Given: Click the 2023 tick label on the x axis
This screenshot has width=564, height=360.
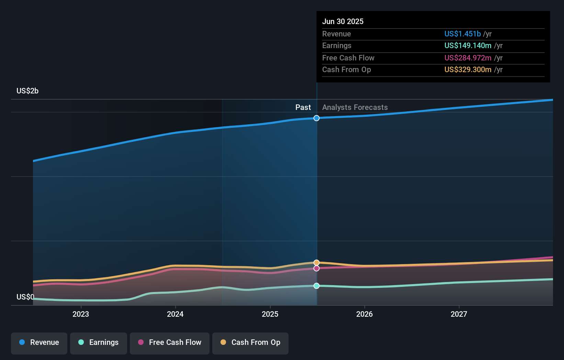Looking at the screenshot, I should click(81, 314).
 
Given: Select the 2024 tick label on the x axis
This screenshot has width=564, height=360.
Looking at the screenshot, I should click(175, 314).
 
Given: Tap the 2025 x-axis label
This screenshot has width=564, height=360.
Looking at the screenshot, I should click(270, 314).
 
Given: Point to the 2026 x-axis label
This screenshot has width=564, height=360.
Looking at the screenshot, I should click(364, 314).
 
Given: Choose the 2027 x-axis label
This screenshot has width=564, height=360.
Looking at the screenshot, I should click(459, 314).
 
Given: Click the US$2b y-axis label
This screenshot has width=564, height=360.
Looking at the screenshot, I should click(27, 91).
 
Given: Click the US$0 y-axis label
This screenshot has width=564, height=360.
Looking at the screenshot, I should click(25, 297).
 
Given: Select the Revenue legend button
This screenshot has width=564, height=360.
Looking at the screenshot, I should click(39, 343).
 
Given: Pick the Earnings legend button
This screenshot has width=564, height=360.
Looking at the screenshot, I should click(99, 343).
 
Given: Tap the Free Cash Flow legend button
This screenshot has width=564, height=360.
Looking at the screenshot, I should click(170, 343).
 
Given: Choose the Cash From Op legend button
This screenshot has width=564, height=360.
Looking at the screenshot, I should click(250, 343).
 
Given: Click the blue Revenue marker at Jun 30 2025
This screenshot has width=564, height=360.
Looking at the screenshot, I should click(316, 118).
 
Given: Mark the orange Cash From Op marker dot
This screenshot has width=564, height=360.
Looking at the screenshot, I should click(316, 262).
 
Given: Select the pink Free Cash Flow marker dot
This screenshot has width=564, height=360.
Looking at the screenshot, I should click(316, 268).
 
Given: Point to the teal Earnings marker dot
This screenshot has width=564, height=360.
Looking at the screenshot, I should click(316, 286).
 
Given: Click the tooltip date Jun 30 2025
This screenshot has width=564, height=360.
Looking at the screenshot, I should click(342, 21).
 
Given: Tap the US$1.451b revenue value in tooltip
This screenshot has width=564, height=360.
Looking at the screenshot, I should click(462, 34).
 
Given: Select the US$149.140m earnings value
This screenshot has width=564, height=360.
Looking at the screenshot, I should click(467, 45).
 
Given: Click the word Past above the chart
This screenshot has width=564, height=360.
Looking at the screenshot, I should click(303, 107).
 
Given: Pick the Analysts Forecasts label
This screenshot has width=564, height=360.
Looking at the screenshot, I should click(355, 107).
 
